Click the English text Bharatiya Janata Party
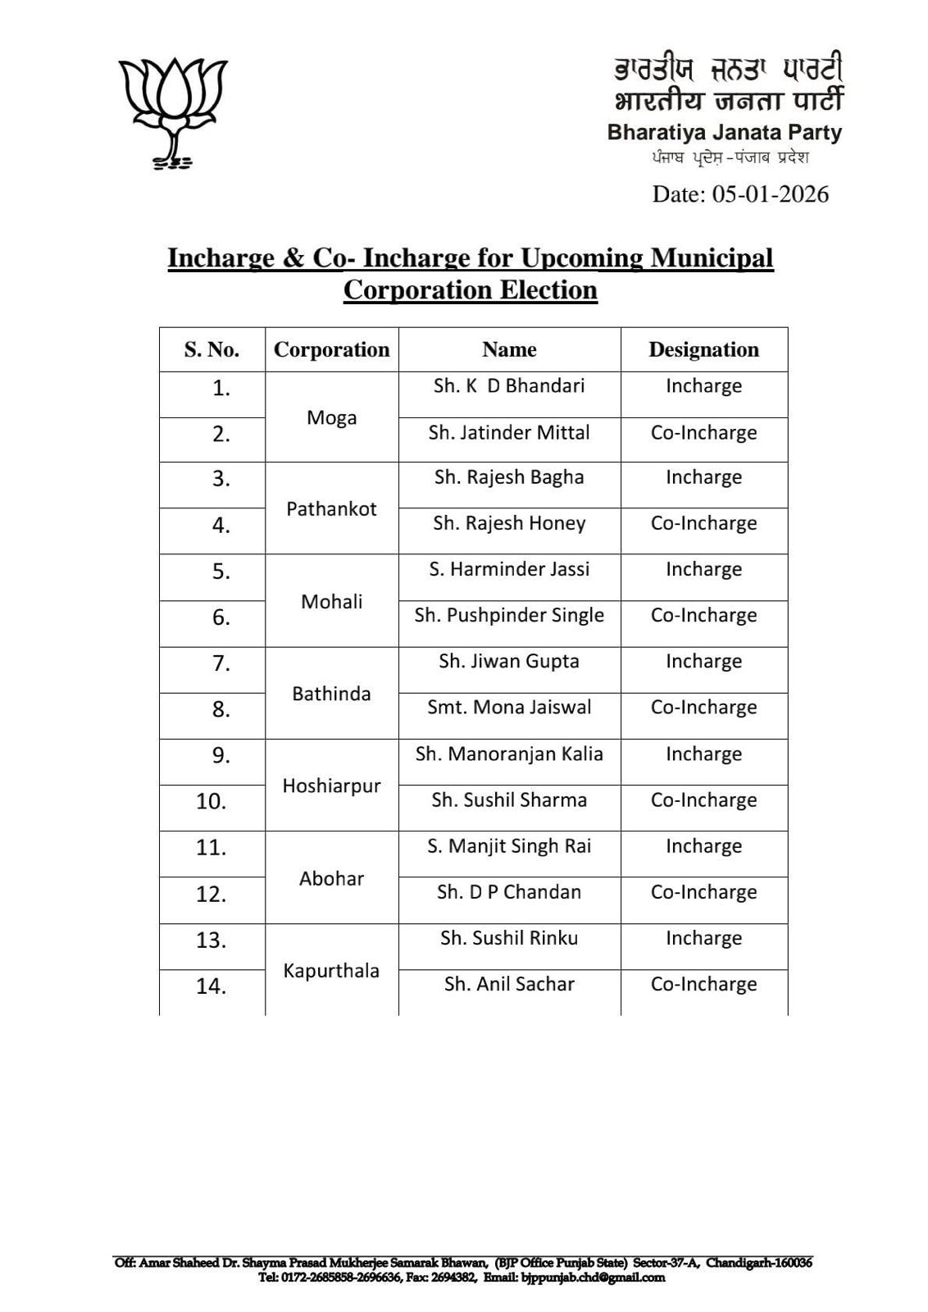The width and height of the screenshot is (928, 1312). click(x=724, y=132)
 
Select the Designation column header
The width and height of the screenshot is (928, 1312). click(x=703, y=350)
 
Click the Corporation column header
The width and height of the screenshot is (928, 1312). click(x=331, y=350)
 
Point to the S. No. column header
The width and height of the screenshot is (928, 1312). click(x=212, y=350)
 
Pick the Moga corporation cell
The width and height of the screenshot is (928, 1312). click(x=331, y=417)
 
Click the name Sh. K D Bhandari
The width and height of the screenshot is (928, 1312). click(x=509, y=386)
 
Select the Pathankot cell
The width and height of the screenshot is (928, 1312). click(x=331, y=508)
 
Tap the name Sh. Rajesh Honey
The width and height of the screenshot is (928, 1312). click(x=509, y=523)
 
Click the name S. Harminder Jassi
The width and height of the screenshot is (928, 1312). click(x=509, y=569)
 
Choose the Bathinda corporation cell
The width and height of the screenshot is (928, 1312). click(x=331, y=694)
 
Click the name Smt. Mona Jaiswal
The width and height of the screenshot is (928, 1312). click(x=509, y=707)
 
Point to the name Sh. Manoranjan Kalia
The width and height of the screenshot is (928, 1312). click(x=509, y=754)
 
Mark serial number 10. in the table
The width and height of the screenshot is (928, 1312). click(x=211, y=801)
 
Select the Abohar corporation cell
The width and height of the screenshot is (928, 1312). click(x=331, y=878)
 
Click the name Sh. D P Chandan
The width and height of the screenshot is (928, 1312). click(x=509, y=892)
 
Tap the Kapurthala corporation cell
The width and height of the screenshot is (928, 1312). click(x=331, y=971)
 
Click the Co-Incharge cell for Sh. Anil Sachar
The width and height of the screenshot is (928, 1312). click(x=703, y=984)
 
